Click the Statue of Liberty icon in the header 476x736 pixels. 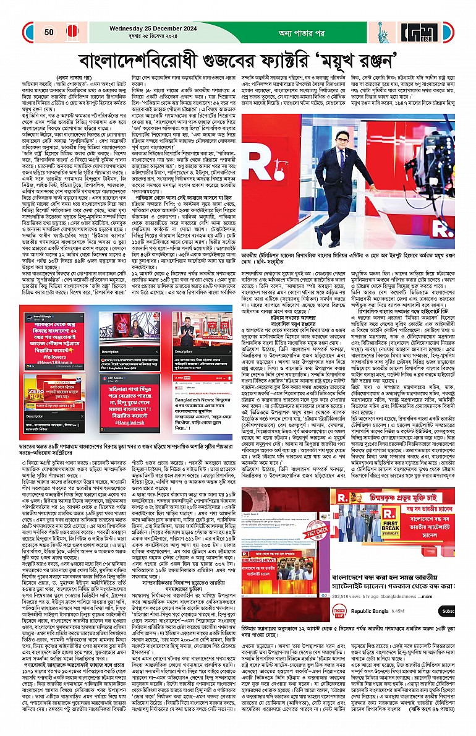(381, 33)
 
